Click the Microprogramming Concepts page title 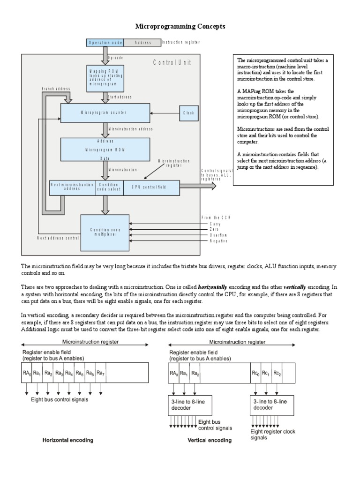coord(180,27)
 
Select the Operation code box coord(105,43)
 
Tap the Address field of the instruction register coord(142,43)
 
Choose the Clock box coord(189,113)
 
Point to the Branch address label coord(56,88)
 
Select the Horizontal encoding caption coord(68,440)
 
